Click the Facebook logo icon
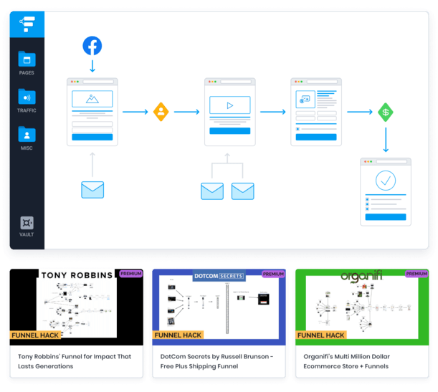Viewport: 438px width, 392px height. coord(92,46)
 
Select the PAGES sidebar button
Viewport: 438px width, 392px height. coord(27,62)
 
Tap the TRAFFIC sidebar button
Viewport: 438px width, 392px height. coord(27,100)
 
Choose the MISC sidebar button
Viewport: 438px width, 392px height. coord(27,138)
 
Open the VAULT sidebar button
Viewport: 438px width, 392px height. coord(27,226)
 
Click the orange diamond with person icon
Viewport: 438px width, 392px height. coord(161,112)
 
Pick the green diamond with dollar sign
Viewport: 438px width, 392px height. coord(386,113)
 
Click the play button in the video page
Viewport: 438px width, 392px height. coord(229,105)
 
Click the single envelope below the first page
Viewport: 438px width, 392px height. coord(92,190)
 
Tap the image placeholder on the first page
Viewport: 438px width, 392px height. coord(92,99)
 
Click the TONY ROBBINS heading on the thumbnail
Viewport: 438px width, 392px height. coord(76,274)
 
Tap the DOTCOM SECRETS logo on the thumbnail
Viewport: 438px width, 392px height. coord(219,275)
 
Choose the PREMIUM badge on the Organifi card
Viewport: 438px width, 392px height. coord(416,273)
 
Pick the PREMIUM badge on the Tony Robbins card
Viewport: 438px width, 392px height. coord(130,273)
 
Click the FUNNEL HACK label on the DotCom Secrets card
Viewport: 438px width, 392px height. coord(178,335)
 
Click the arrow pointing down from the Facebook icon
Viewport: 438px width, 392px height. coord(92,65)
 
